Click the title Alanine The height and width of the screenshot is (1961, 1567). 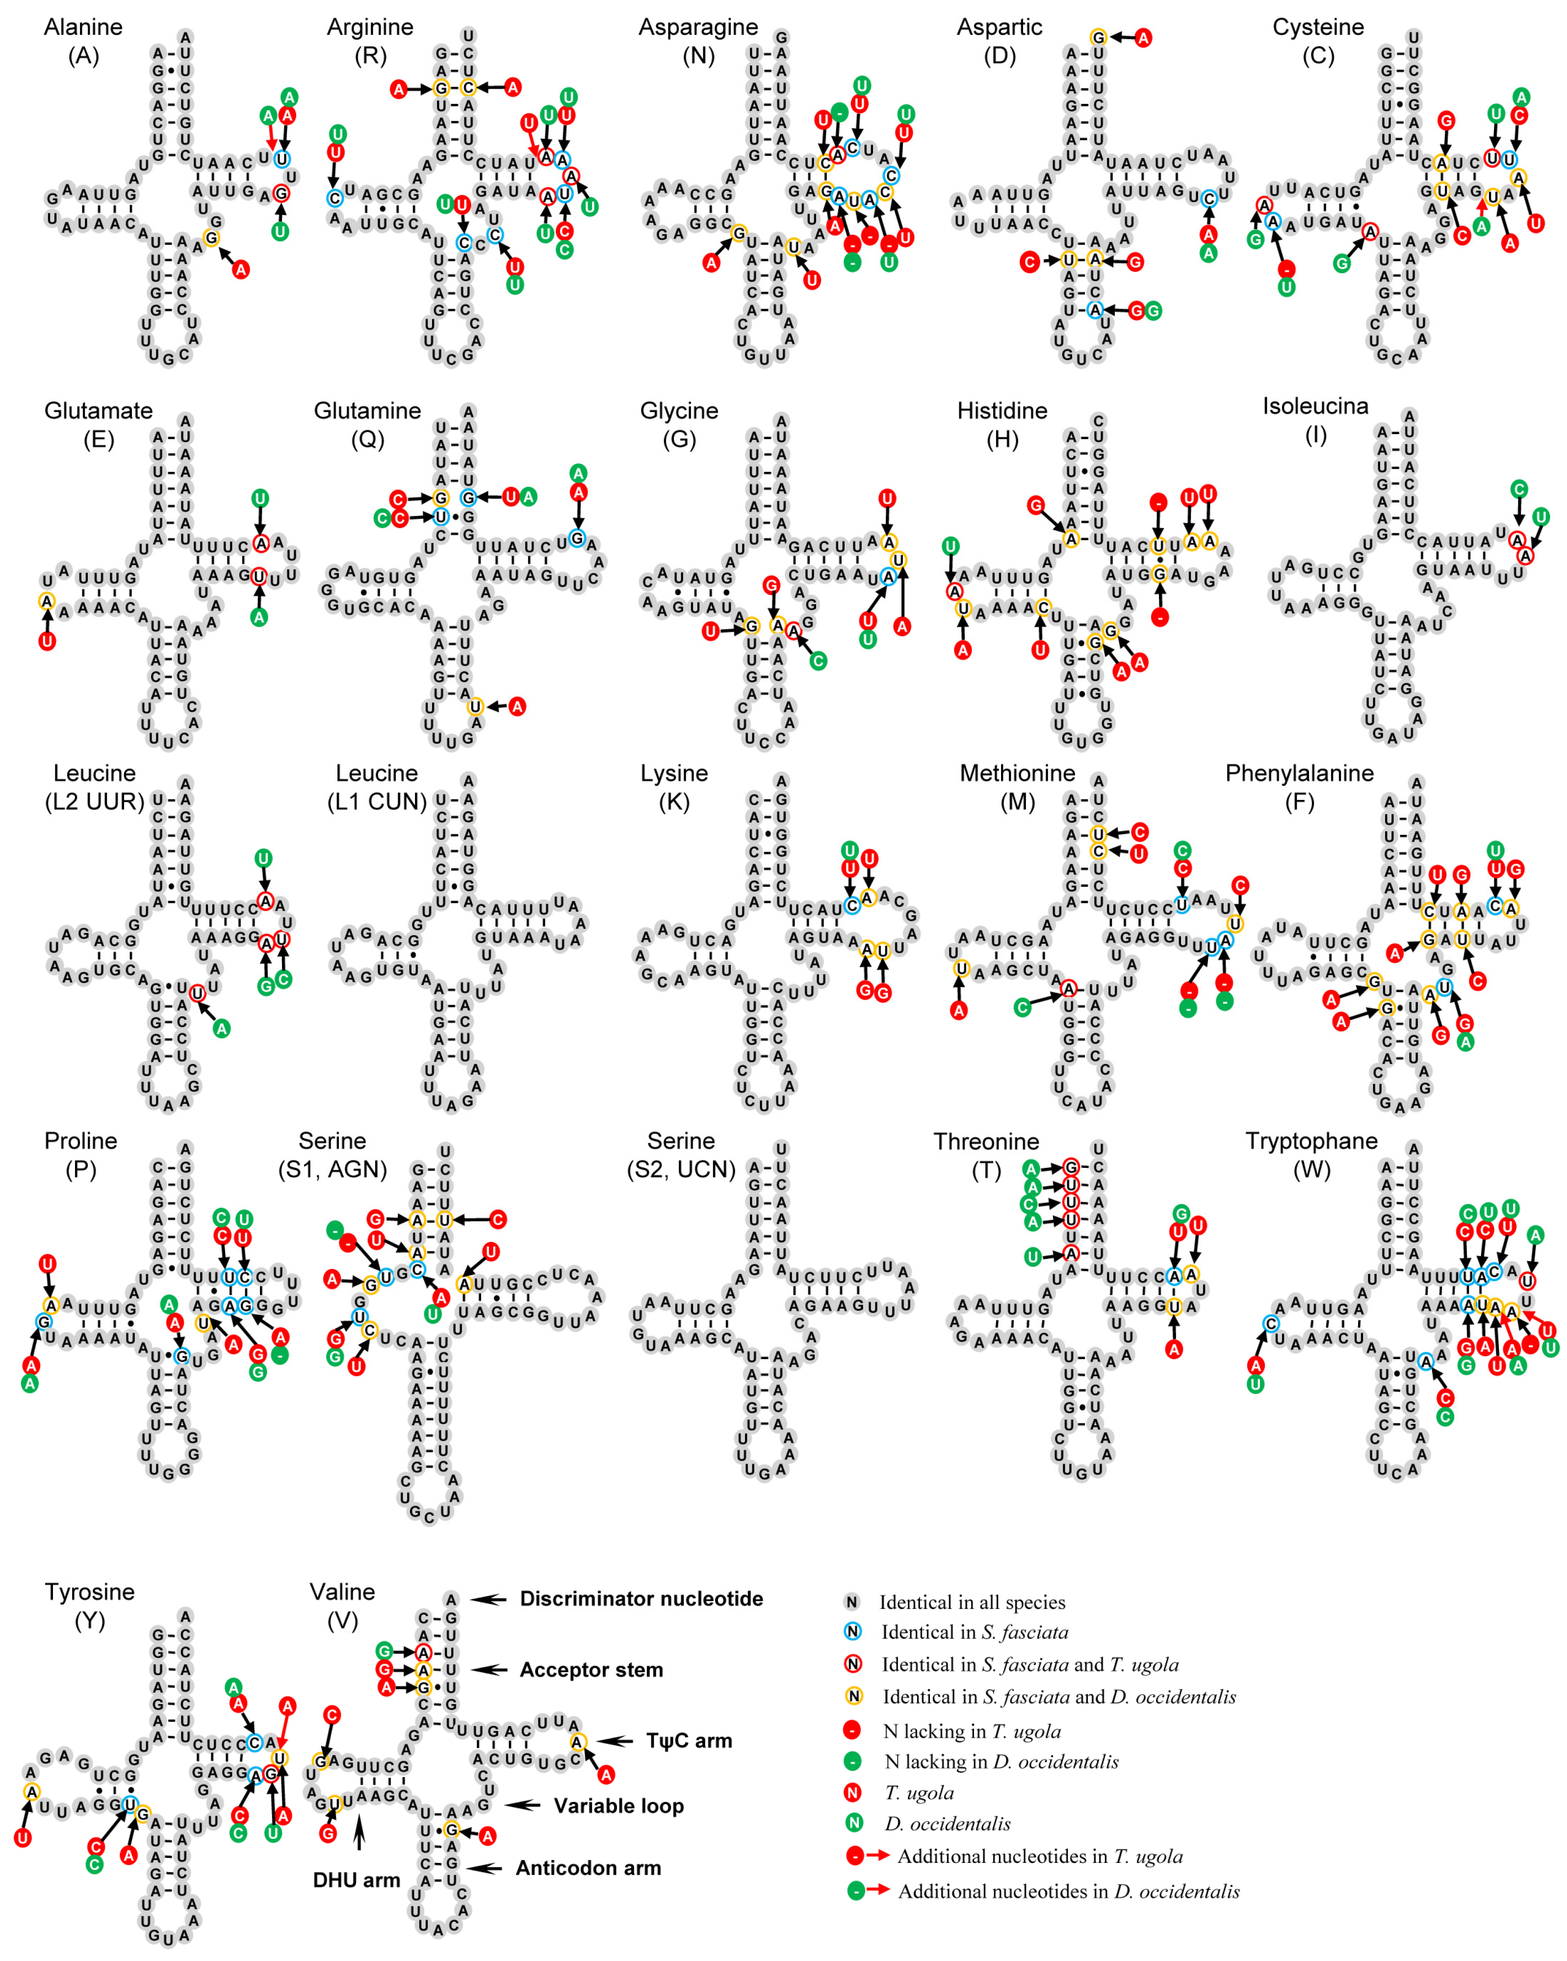[83, 27]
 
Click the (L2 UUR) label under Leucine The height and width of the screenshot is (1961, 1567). [95, 801]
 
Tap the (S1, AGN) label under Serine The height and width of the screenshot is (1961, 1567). [332, 1169]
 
